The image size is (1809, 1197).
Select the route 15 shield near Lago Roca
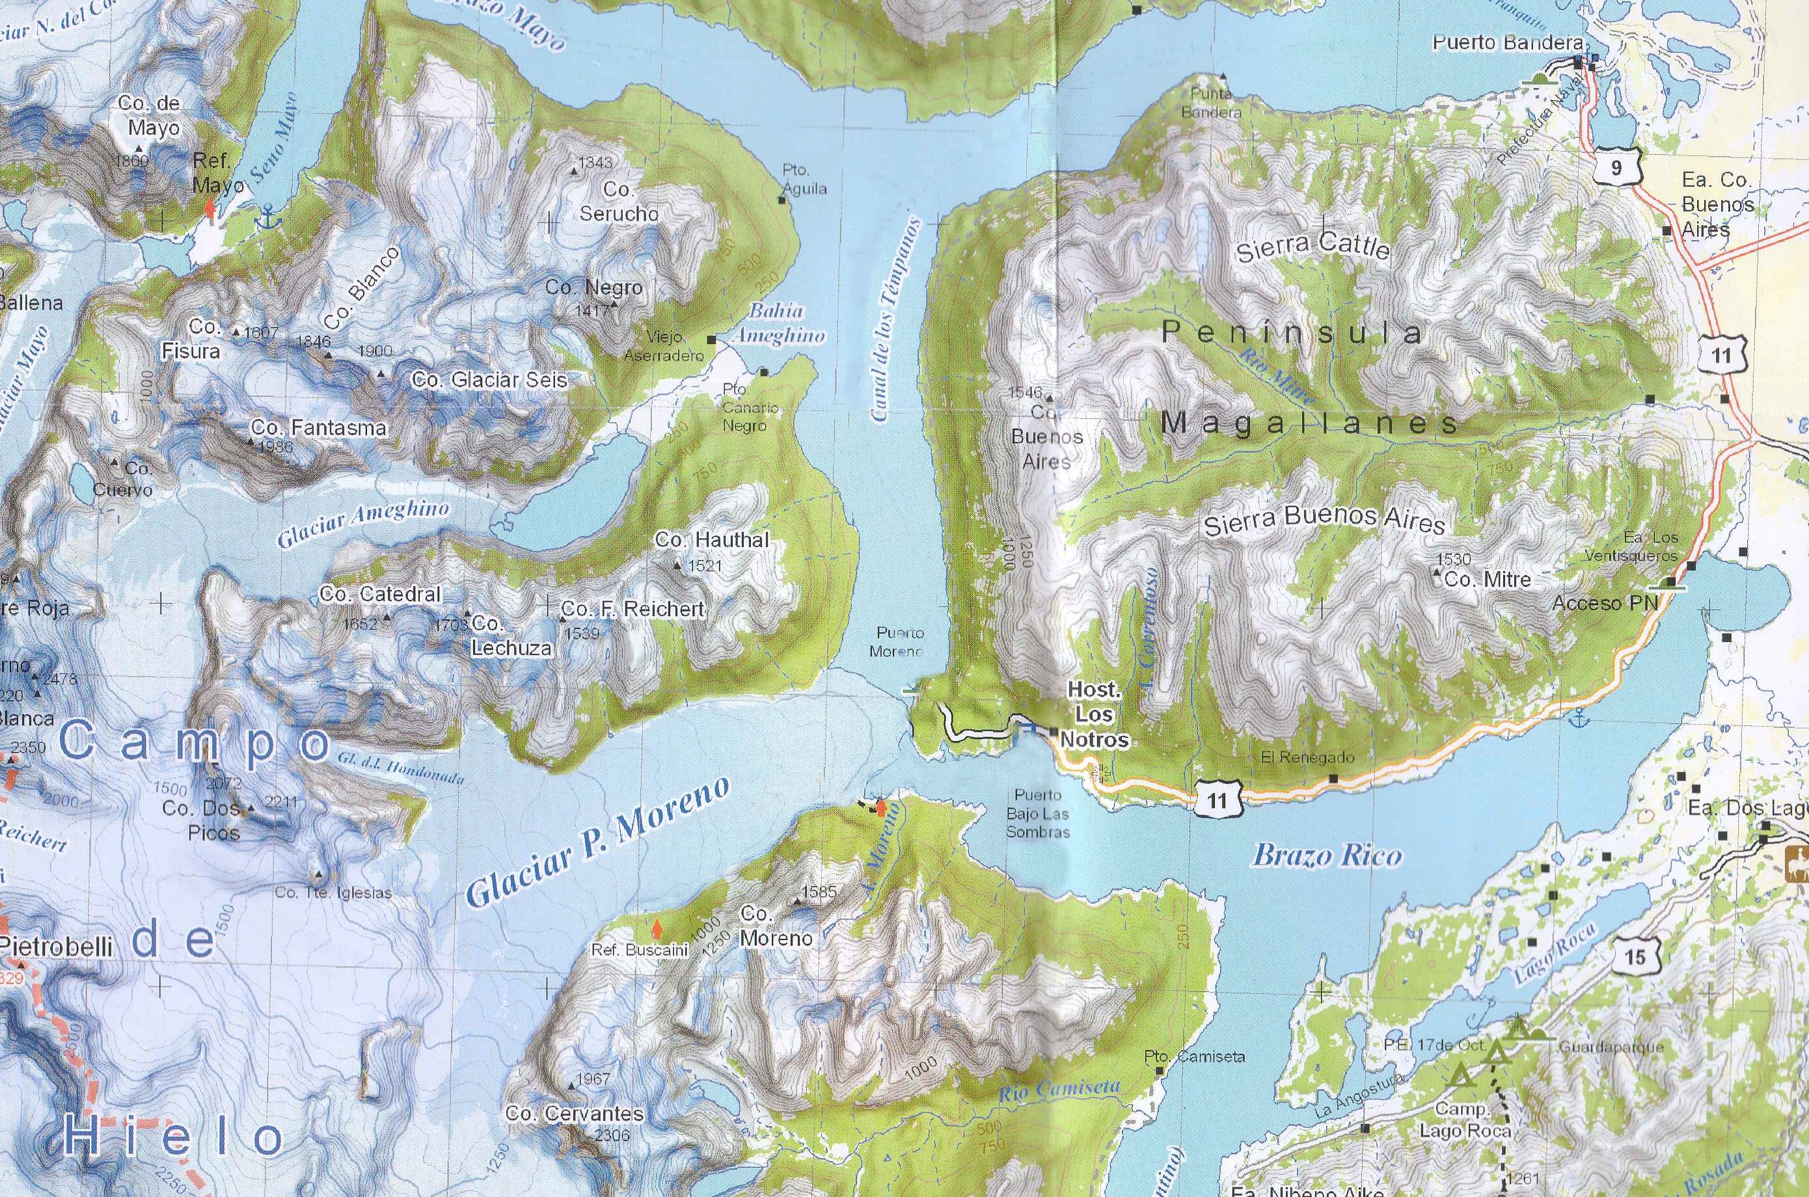click(1634, 956)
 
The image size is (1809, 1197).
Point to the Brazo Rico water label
click(1327, 855)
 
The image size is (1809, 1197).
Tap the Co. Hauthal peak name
click(712, 540)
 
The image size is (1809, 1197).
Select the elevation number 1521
click(704, 567)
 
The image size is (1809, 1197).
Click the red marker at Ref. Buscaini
click(656, 929)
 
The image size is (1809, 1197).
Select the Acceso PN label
click(1605, 603)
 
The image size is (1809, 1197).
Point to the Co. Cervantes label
click(574, 1114)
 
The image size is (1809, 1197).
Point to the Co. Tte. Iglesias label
click(333, 893)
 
